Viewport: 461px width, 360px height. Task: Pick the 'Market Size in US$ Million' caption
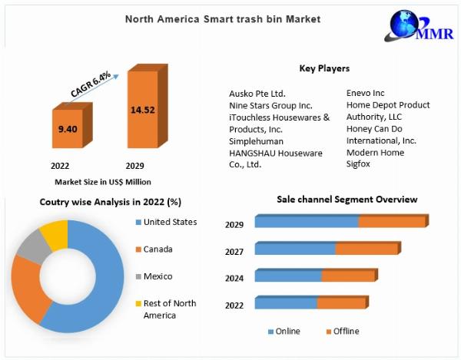103,182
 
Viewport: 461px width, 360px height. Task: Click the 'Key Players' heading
324,68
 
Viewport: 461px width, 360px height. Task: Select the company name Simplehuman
256,142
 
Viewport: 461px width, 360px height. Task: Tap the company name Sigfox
359,164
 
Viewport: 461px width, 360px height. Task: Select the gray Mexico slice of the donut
31,248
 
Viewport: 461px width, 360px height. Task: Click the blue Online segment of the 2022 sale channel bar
286,304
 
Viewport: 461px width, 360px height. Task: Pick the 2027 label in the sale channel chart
234,251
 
